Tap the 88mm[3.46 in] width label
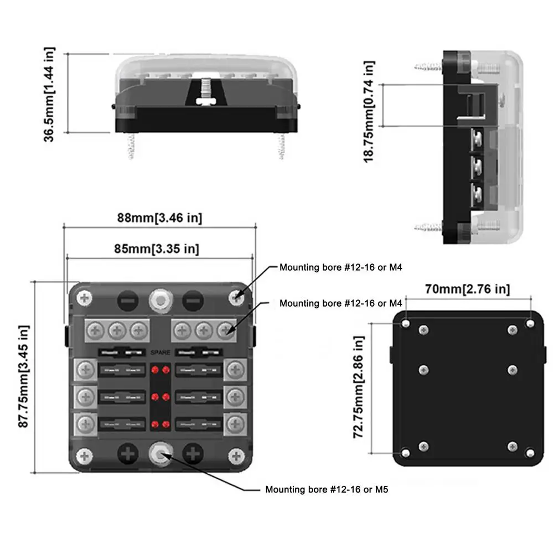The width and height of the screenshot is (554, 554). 159,218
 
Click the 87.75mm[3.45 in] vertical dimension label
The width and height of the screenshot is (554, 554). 23,376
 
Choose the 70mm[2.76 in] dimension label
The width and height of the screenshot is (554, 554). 468,288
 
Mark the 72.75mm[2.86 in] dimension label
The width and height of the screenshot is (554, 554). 359,387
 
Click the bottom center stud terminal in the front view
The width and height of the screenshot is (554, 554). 160,455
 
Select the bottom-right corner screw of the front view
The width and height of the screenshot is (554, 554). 236,455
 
